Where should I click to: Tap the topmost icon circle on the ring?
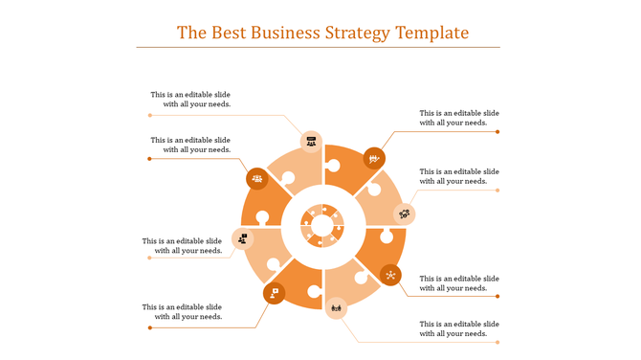(x=311, y=142)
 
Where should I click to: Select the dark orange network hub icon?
(x=391, y=275)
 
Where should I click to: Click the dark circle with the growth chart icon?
(x=374, y=158)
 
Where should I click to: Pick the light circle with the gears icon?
(x=405, y=214)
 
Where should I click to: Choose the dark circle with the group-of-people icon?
(x=256, y=178)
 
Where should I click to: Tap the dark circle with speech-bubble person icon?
(x=274, y=293)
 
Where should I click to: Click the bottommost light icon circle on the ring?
(x=336, y=307)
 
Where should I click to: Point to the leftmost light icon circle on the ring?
(x=242, y=238)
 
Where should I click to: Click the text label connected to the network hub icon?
(x=459, y=282)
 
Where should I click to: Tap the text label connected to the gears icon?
(x=459, y=176)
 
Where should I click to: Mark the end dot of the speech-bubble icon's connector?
(x=149, y=327)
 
